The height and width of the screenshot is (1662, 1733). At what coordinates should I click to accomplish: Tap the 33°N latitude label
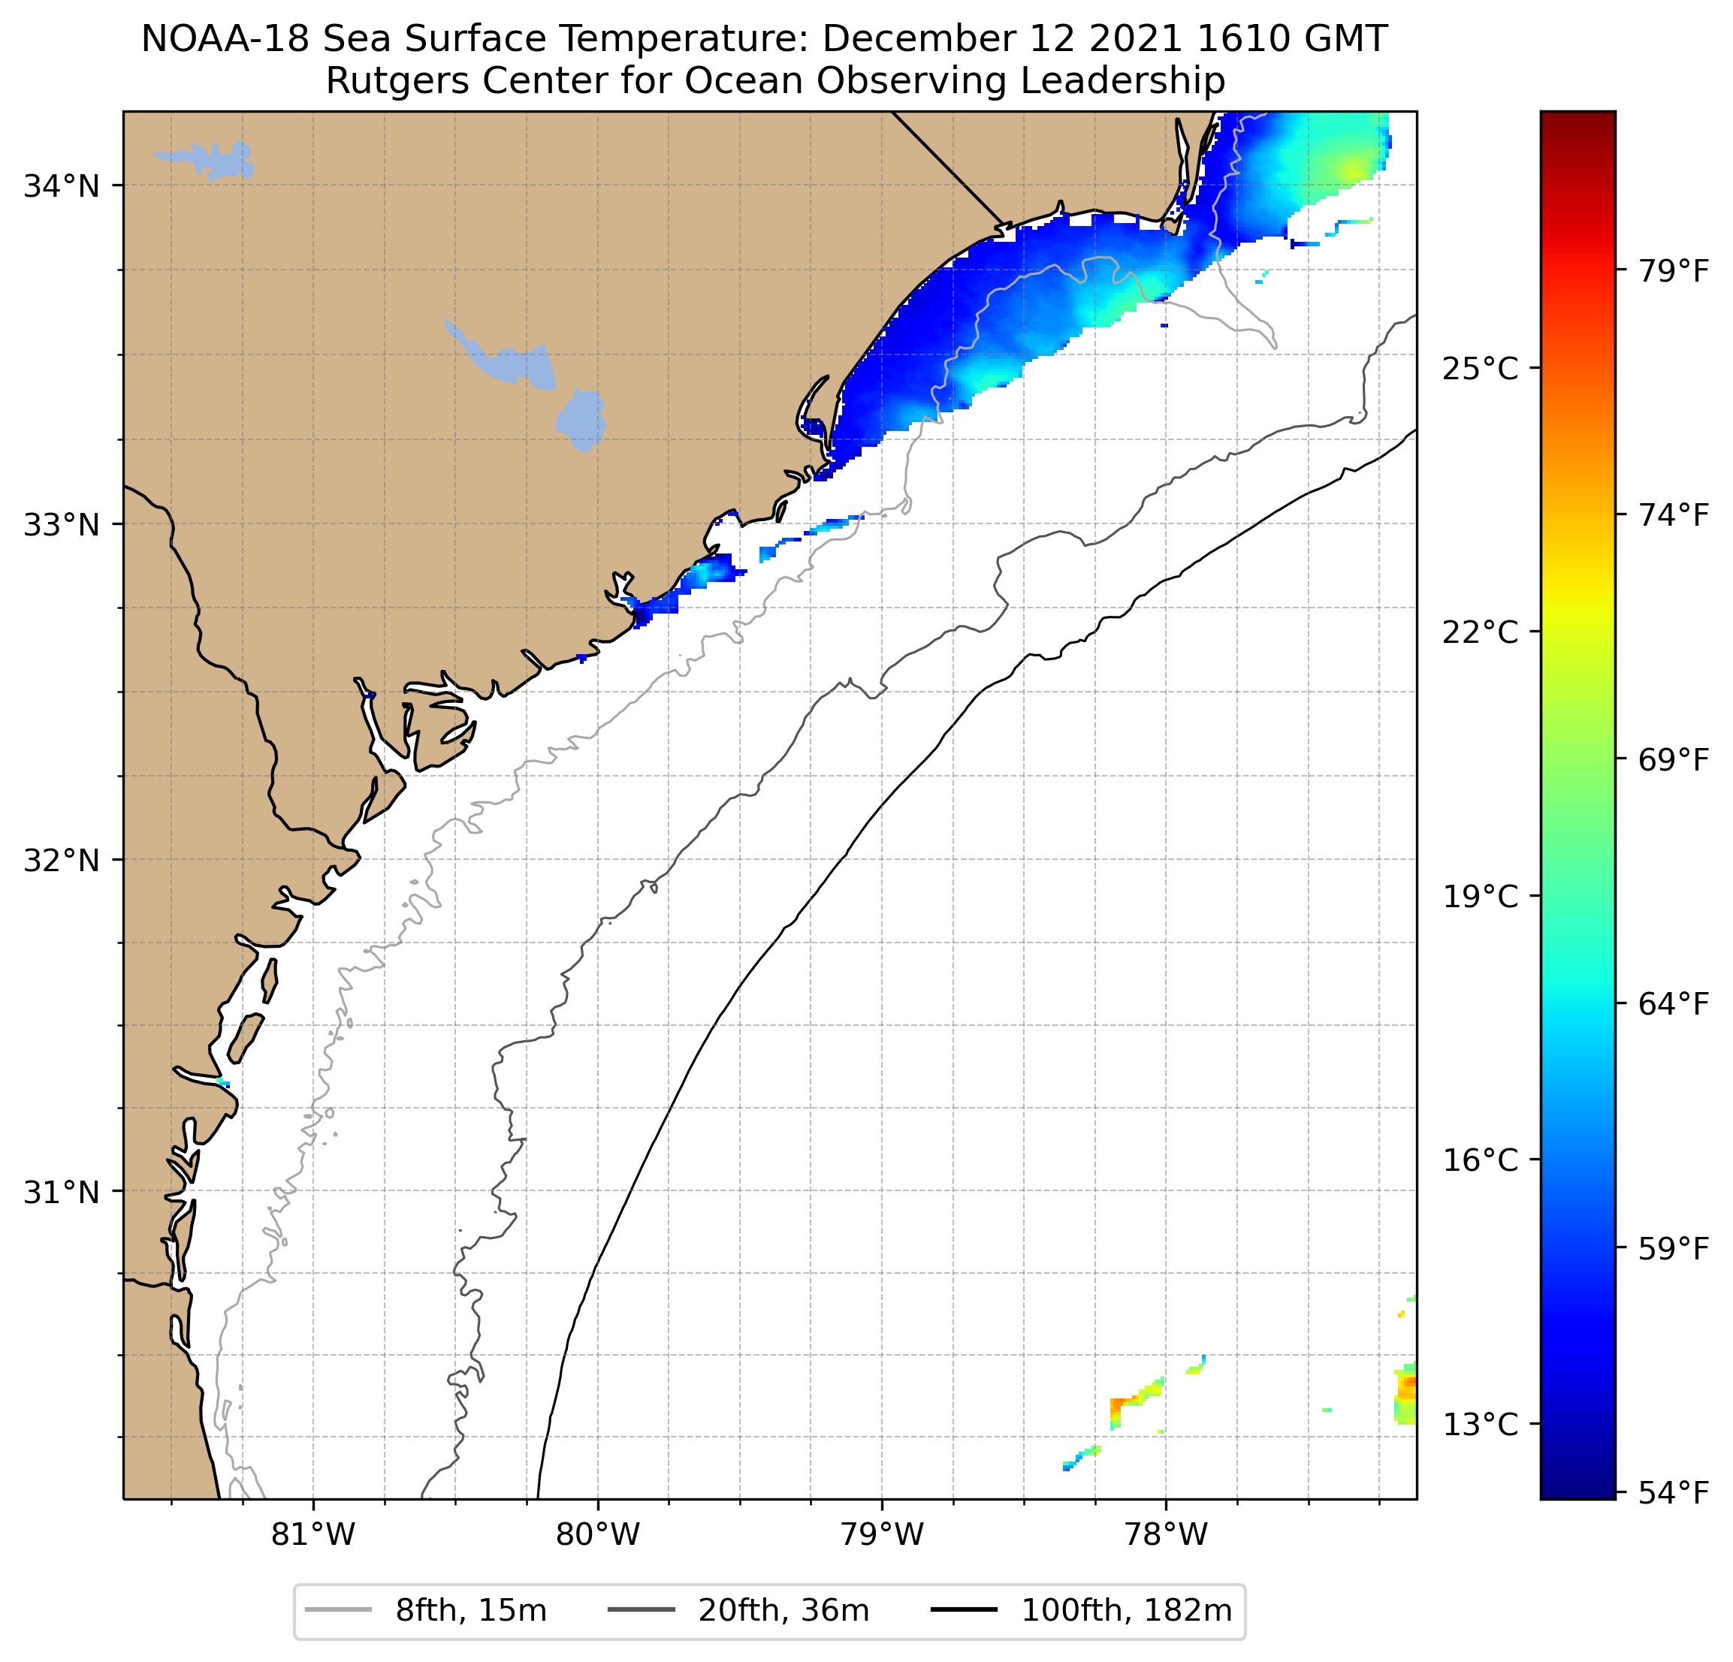pyautogui.click(x=61, y=525)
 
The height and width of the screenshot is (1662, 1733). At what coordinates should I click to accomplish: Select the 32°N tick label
pyautogui.click(x=61, y=860)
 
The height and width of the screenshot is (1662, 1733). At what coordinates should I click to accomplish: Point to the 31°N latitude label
pyautogui.click(x=61, y=1193)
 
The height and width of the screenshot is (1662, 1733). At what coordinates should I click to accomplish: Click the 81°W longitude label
pyautogui.click(x=313, y=1534)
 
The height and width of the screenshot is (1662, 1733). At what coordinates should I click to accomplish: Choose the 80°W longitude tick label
pyautogui.click(x=598, y=1534)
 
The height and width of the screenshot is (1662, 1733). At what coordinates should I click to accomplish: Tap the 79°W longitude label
pyautogui.click(x=882, y=1534)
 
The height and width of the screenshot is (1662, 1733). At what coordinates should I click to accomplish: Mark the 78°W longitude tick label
pyautogui.click(x=1165, y=1534)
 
